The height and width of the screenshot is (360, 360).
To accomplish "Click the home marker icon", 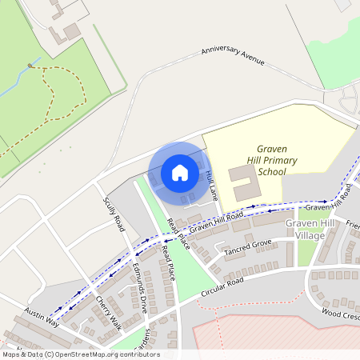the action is [179, 172].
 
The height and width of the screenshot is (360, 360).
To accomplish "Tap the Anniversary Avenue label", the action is [232, 54].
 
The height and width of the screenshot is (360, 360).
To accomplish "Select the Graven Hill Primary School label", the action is [266, 160].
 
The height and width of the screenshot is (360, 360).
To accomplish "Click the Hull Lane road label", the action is [212, 184].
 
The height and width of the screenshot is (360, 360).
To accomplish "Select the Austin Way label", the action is [42, 316].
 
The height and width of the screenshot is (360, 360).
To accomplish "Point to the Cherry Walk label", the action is [107, 313].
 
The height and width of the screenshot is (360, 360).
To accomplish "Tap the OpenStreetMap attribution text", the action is [80, 354].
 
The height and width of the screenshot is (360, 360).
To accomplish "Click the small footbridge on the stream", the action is [30, 65].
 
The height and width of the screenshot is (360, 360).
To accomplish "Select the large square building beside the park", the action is [72, 31].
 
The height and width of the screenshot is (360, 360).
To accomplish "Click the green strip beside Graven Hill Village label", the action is [307, 252].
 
